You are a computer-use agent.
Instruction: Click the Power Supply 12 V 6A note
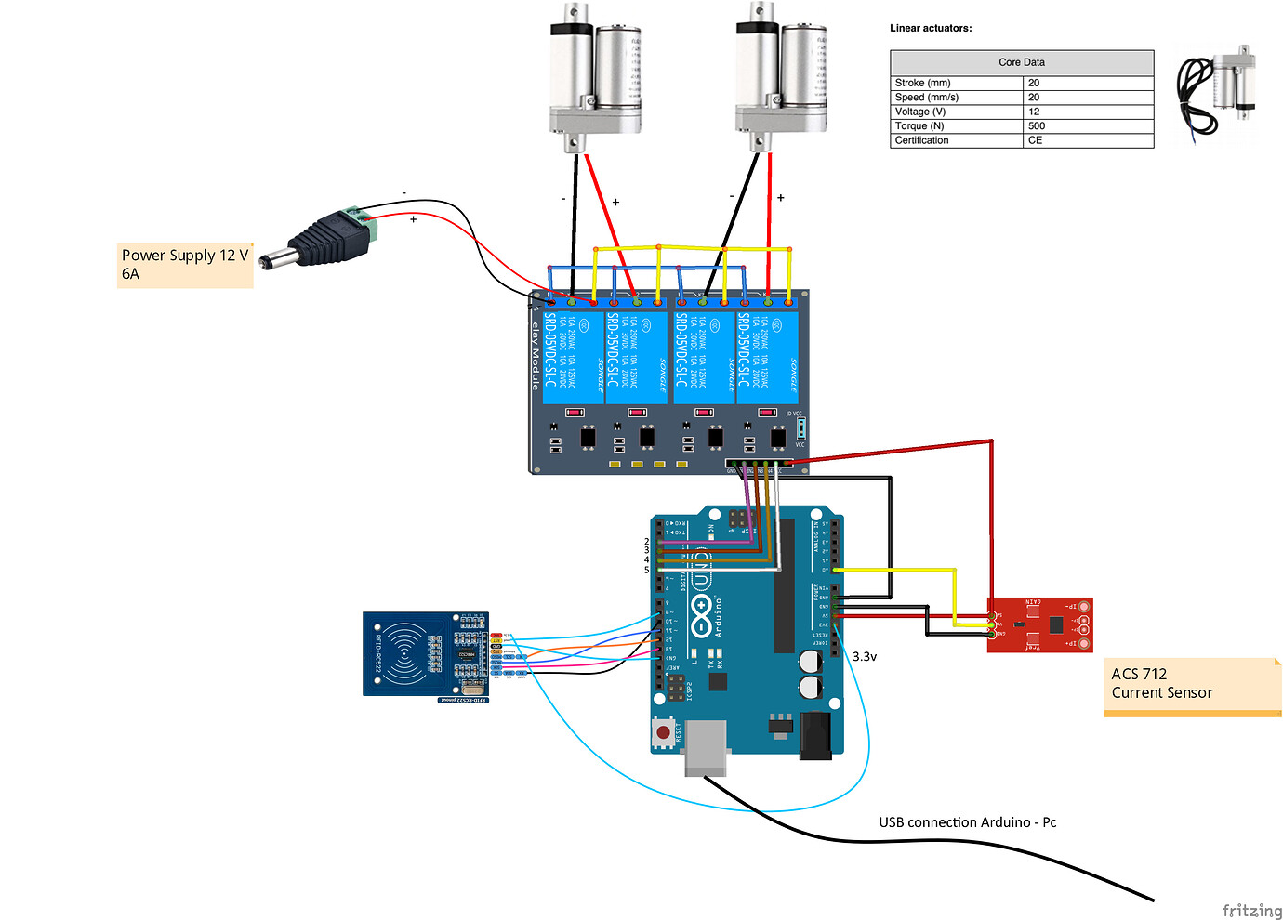pyautogui.click(x=185, y=265)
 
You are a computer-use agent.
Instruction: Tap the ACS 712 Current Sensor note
pyautogui.click(x=1192, y=686)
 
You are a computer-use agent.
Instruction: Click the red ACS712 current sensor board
pyautogui.click(x=1039, y=625)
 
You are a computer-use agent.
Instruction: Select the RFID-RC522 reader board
pyautogui.click(x=426, y=654)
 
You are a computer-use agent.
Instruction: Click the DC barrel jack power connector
pyautogui.click(x=321, y=240)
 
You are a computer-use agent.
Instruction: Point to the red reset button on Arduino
pyautogui.click(x=663, y=732)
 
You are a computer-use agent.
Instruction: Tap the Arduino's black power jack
pyautogui.click(x=815, y=735)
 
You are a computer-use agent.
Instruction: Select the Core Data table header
pyautogui.click(x=1022, y=62)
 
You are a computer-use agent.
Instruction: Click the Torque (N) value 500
pyautogui.click(x=1037, y=126)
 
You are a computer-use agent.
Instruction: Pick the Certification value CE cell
pyautogui.click(x=1035, y=140)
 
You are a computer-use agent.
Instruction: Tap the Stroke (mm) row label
pyautogui.click(x=922, y=83)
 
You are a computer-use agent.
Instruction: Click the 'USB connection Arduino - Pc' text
pyautogui.click(x=967, y=822)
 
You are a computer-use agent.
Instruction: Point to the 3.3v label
pyautogui.click(x=865, y=656)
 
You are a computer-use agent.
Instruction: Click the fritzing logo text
pyautogui.click(x=1251, y=910)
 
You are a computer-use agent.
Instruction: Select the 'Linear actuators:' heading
pyautogui.click(x=931, y=28)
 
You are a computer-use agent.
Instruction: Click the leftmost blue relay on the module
pyautogui.click(x=573, y=358)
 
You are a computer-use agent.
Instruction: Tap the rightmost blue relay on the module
pyautogui.click(x=768, y=358)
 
